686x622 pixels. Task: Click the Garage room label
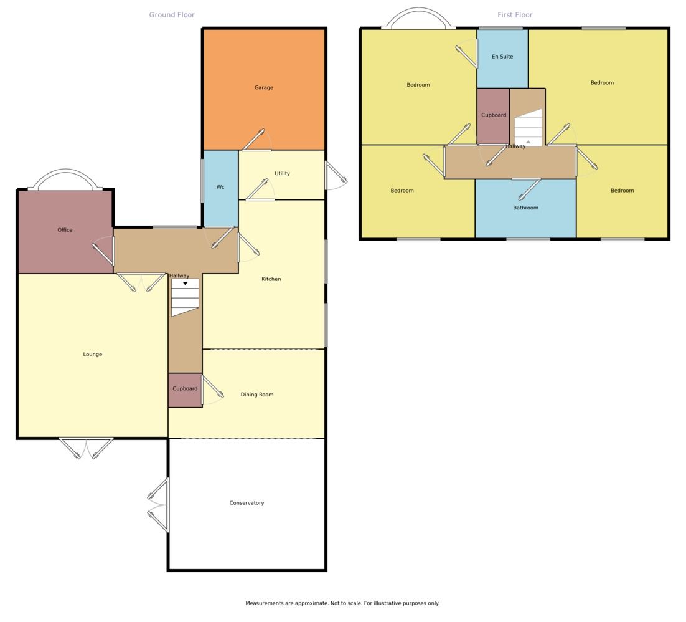pos(264,88)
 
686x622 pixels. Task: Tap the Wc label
pos(220,187)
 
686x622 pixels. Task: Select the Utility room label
pos(282,173)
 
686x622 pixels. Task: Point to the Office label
pos(65,230)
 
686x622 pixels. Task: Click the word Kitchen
pos(271,279)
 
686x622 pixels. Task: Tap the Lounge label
pos(92,355)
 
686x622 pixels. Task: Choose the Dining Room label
pos(257,395)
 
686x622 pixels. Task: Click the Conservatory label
pos(247,503)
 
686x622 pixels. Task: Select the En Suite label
pos(502,57)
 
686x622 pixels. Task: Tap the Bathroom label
pos(525,208)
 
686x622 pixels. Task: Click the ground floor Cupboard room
pos(185,390)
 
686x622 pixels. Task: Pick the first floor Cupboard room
pos(493,116)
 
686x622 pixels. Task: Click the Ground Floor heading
pos(172,15)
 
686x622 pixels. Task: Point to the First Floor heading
pos(515,15)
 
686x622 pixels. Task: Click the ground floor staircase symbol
pos(185,297)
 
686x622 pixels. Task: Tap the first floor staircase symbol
pos(528,128)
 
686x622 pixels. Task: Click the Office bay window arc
pos(65,170)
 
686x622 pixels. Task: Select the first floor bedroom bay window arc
pos(419,8)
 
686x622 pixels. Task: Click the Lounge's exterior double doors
pos(86,447)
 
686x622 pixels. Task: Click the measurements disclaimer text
pos(342,603)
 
